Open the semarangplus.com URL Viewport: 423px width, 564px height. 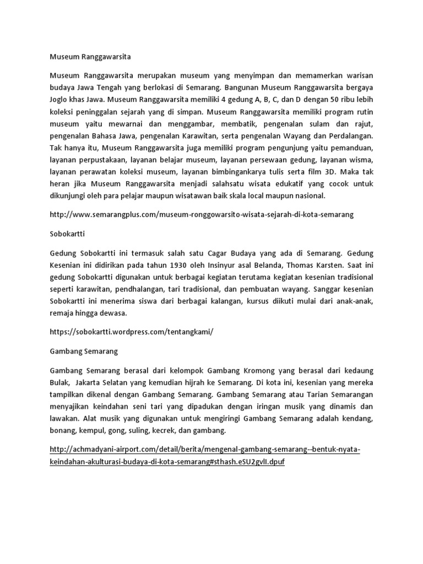200,214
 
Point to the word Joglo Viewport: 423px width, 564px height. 59,101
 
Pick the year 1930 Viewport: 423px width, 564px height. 178,265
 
